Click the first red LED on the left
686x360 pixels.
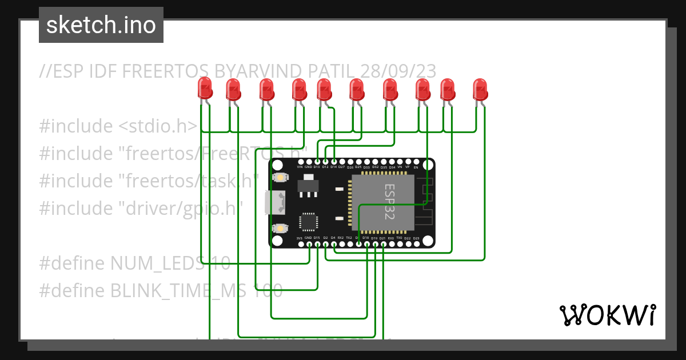pos(205,89)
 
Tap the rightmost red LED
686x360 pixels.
pos(480,89)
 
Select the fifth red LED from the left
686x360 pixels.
pos(324,89)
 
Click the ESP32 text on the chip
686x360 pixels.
pos(389,202)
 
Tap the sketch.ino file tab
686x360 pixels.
pos(101,25)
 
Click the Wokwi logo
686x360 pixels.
pos(607,315)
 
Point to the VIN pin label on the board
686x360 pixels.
pos(300,167)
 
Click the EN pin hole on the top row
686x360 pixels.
pos(416,162)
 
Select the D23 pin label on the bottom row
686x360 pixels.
pos(416,238)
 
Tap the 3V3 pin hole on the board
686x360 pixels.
pos(300,245)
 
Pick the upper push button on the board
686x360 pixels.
pos(280,178)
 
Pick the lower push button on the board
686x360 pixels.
pos(280,228)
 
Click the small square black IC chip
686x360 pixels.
pos(309,222)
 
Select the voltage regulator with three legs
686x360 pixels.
pos(309,186)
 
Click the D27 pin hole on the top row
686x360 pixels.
pos(341,162)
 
